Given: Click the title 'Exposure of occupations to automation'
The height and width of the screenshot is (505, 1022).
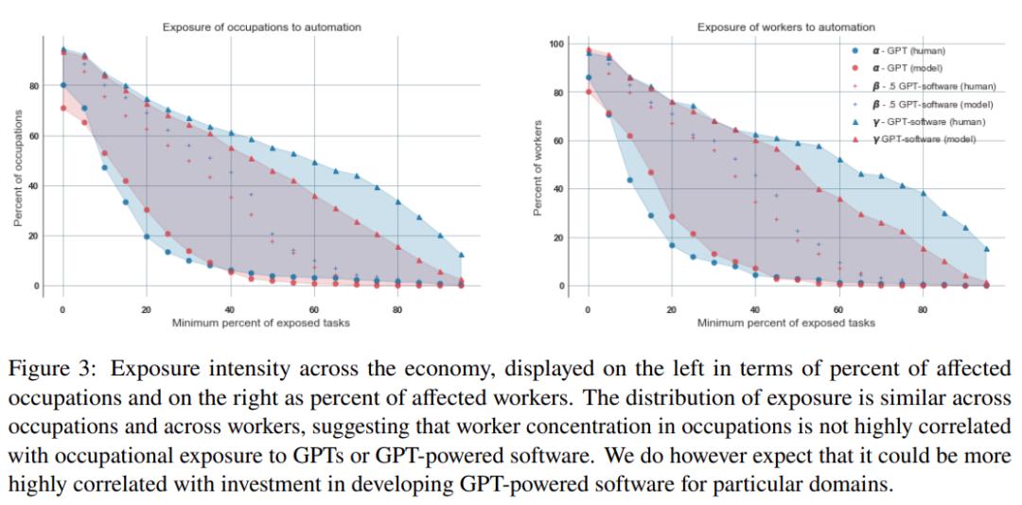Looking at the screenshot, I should tap(261, 27).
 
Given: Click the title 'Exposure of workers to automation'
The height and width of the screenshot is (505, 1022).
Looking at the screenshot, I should tap(785, 27).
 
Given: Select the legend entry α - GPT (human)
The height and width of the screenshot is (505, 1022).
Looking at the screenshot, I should tap(908, 50).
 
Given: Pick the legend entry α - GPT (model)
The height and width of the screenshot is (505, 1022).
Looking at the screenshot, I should tap(908, 68).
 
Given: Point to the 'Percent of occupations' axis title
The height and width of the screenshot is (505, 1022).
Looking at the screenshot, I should tap(18, 168).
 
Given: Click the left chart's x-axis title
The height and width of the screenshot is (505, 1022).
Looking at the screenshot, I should tap(260, 323).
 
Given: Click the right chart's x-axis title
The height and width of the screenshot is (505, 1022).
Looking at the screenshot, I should tap(785, 323).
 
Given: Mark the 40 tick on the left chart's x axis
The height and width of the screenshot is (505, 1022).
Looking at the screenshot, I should tap(230, 309).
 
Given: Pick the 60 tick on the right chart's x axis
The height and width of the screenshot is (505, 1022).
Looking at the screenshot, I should tap(838, 309).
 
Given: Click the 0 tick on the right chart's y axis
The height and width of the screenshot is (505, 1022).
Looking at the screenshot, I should tap(561, 286).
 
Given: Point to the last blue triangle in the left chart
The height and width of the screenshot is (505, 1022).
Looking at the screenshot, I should tap(462, 255).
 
